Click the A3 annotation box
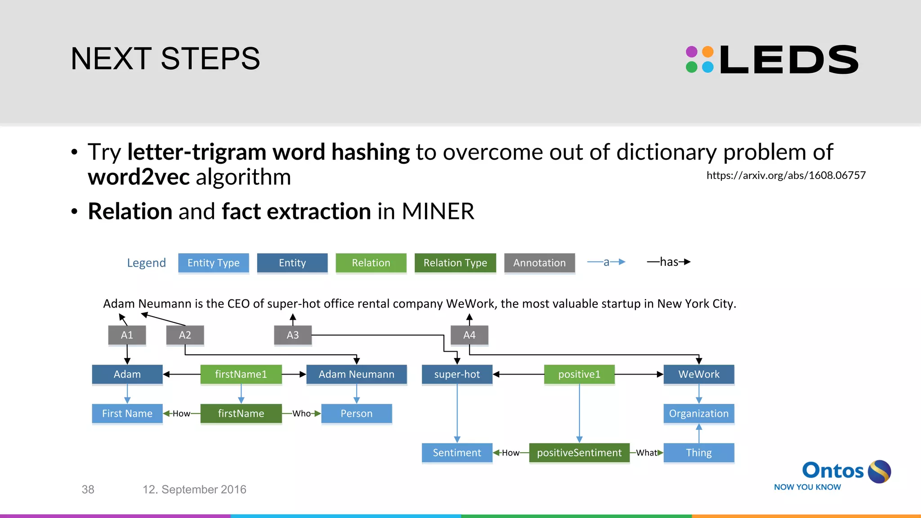point(293,335)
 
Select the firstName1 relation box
point(241,374)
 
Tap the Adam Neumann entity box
point(356,374)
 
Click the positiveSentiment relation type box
point(579,453)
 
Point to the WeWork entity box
point(698,374)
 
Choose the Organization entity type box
point(698,414)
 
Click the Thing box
point(698,453)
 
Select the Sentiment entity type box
point(457,453)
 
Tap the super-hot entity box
point(457,374)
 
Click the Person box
point(356,414)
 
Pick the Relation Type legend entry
point(455,263)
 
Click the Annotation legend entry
point(539,263)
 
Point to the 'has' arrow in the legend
point(669,262)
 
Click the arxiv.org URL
point(786,175)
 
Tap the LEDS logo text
point(789,60)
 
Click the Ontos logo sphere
point(879,472)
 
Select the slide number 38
point(88,489)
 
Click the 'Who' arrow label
point(301,414)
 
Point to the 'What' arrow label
point(646,453)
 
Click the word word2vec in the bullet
point(139,177)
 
